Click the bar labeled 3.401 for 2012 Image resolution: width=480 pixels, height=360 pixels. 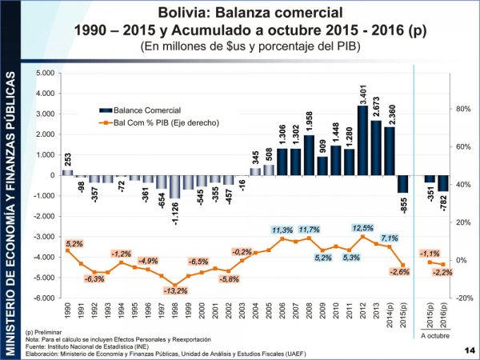pos(362,140)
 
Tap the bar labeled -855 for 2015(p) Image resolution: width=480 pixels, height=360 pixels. pos(403,184)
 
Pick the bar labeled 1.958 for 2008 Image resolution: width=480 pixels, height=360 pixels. pos(308,155)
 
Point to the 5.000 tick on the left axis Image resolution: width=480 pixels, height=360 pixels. pos(45,73)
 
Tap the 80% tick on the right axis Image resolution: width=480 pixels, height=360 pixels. pos(463,110)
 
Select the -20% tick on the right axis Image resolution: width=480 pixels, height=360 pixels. pos(463,298)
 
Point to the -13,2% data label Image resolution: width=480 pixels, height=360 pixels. pos(176,291)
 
